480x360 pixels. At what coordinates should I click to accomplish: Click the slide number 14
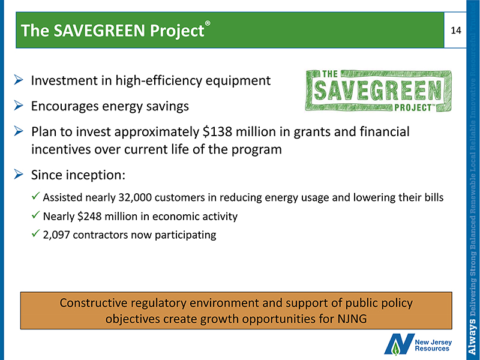456,31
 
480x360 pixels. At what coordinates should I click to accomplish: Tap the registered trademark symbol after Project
208,23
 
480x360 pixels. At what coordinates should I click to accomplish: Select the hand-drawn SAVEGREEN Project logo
378,91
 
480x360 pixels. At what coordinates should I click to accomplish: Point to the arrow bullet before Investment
19,80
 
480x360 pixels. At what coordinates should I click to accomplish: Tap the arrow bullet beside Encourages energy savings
19,106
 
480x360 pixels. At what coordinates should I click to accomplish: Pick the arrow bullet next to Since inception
19,175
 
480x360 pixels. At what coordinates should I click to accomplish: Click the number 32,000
134,198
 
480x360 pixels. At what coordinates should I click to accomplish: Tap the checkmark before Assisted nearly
35,196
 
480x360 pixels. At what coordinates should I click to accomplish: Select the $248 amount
89,217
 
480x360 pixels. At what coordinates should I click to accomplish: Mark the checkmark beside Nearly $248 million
35,215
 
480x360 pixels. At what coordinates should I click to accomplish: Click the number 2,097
56,235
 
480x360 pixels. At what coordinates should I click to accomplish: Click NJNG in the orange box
352,319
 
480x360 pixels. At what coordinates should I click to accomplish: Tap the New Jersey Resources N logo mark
399,344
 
